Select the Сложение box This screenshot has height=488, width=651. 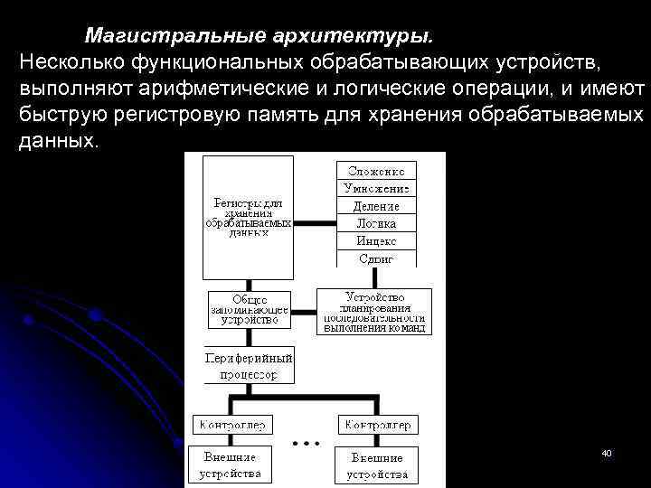point(377,170)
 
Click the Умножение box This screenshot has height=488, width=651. point(377,188)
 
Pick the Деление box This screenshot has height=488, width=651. point(377,205)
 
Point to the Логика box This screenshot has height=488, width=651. point(377,223)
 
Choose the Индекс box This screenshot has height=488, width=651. point(377,240)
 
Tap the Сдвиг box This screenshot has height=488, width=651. point(377,258)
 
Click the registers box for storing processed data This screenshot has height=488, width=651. point(249,217)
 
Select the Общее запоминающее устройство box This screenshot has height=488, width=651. point(250,308)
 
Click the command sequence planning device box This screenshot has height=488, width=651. point(373,312)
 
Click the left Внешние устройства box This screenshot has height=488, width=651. point(229,465)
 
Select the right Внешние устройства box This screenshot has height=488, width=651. point(377,465)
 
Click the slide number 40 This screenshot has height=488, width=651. point(607,452)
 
